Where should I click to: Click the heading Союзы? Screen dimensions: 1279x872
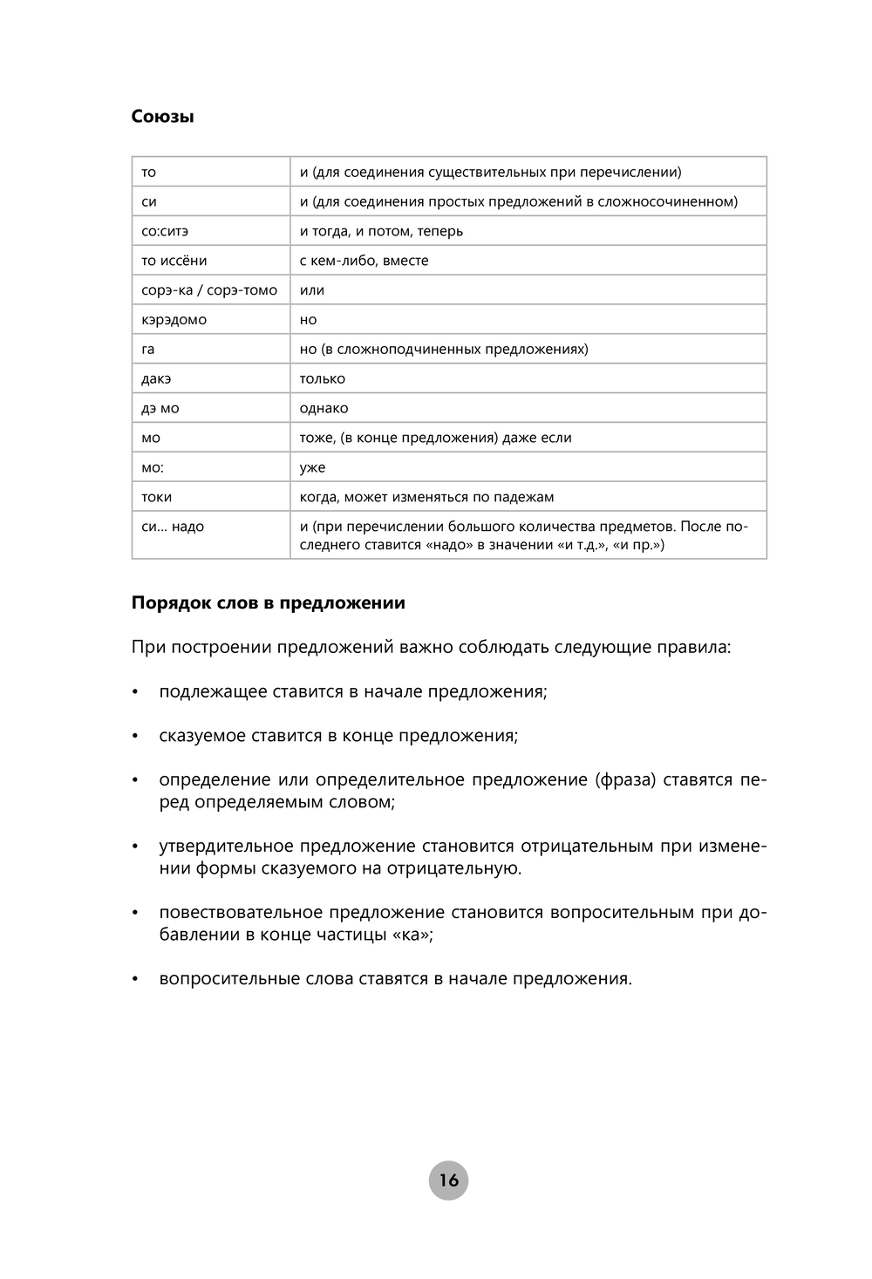pos(162,116)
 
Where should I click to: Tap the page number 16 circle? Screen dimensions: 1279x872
pos(448,1180)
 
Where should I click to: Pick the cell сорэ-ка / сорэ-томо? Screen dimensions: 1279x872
pos(209,290)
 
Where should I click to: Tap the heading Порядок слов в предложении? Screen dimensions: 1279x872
pos(268,602)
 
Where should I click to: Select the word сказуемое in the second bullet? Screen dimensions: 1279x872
pos(202,735)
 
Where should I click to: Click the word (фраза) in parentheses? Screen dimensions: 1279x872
pos(626,779)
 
